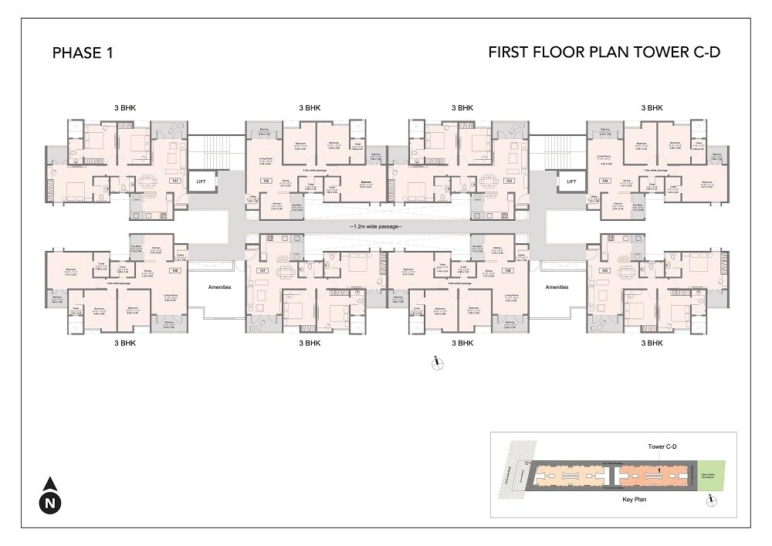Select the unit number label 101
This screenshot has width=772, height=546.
(175, 181)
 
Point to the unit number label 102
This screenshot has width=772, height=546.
(266, 181)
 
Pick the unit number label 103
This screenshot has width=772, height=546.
(510, 181)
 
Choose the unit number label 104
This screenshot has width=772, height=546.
(605, 181)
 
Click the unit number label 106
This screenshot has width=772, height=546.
(508, 271)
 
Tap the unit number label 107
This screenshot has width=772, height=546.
(264, 271)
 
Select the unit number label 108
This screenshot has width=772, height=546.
(174, 271)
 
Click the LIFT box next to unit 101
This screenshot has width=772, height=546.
(201, 182)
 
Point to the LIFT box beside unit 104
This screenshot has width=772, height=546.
(572, 182)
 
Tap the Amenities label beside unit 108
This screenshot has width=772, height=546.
(220, 287)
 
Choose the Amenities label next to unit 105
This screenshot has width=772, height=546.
(557, 287)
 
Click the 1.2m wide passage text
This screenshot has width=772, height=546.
(378, 227)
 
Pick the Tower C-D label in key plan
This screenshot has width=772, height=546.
(663, 447)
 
